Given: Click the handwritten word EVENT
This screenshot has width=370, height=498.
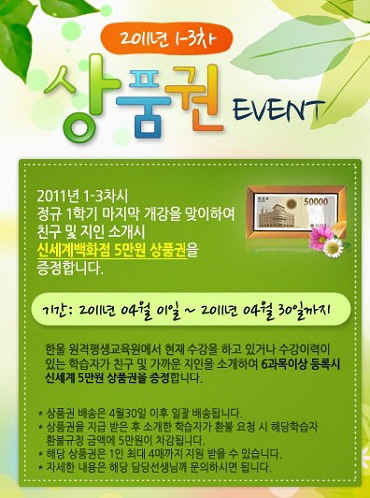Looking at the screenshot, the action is point(278,111).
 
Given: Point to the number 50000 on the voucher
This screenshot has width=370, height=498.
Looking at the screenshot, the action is point(315,201).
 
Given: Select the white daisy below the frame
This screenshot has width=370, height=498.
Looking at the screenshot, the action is point(333,248).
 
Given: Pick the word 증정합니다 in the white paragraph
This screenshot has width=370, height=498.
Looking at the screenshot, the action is point(69,268).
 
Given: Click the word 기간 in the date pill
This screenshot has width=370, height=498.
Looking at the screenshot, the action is point(55,311).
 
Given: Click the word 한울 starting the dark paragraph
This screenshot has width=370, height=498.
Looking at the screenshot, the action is point(54,350).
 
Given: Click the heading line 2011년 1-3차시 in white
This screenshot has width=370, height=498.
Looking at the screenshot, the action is point(82,198).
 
